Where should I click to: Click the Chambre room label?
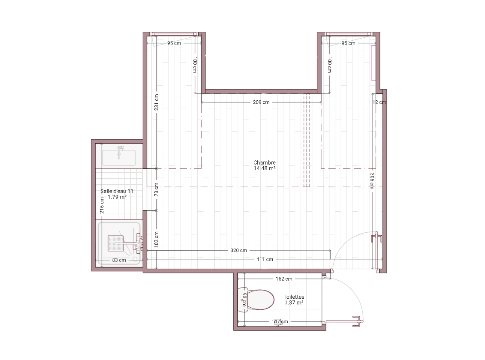(265, 162)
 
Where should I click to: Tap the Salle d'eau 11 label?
(117, 191)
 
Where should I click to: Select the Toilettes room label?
(294, 297)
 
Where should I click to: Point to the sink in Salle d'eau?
(119, 157)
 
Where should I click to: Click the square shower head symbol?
(116, 243)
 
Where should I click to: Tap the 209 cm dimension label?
(261, 102)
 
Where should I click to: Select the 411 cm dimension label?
(265, 259)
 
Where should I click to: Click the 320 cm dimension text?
(238, 250)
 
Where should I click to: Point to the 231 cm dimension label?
(157, 102)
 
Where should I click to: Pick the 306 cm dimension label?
(372, 181)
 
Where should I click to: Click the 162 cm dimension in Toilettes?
(284, 279)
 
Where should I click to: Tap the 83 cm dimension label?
(119, 260)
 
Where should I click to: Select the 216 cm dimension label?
(102, 205)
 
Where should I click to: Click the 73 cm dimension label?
(157, 189)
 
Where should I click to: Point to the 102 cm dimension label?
(157, 239)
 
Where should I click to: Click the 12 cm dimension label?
(379, 102)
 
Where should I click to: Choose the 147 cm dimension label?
(280, 322)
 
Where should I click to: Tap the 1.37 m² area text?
(294, 303)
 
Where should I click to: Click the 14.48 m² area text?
(265, 168)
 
